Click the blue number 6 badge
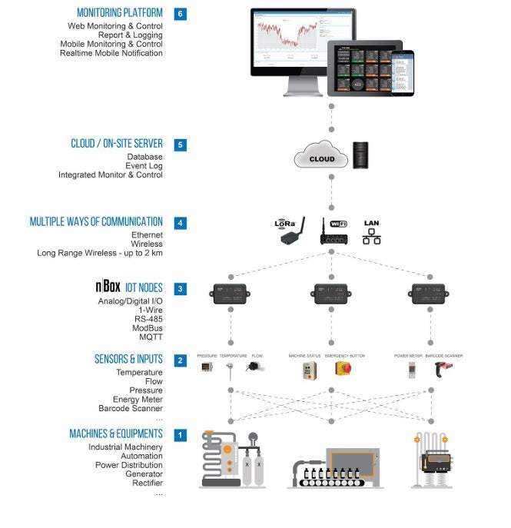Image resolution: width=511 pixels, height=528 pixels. pyautogui.click(x=180, y=13)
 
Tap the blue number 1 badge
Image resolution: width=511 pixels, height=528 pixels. pyautogui.click(x=180, y=435)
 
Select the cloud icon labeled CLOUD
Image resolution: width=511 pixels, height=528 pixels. pyautogui.click(x=321, y=157)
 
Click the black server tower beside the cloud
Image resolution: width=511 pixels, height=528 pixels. pyautogui.click(x=361, y=154)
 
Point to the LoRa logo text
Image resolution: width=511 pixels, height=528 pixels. pyautogui.click(x=285, y=224)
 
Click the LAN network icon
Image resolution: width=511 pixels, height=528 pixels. pyautogui.click(x=371, y=233)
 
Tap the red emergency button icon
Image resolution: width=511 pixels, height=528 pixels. pyautogui.click(x=343, y=369)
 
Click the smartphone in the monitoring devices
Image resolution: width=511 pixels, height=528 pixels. pyautogui.click(x=402, y=74)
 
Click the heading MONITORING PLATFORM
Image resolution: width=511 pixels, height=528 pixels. pyautogui.click(x=120, y=13)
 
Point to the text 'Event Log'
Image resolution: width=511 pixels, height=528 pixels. pyautogui.click(x=144, y=166)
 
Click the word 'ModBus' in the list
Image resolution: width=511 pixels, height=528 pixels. pyautogui.click(x=148, y=328)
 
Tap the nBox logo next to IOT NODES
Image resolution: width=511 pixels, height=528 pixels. pyautogui.click(x=108, y=288)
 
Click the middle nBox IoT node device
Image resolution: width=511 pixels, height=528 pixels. pyautogui.click(x=330, y=294)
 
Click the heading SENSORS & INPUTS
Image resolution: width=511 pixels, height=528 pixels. pyautogui.click(x=128, y=359)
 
